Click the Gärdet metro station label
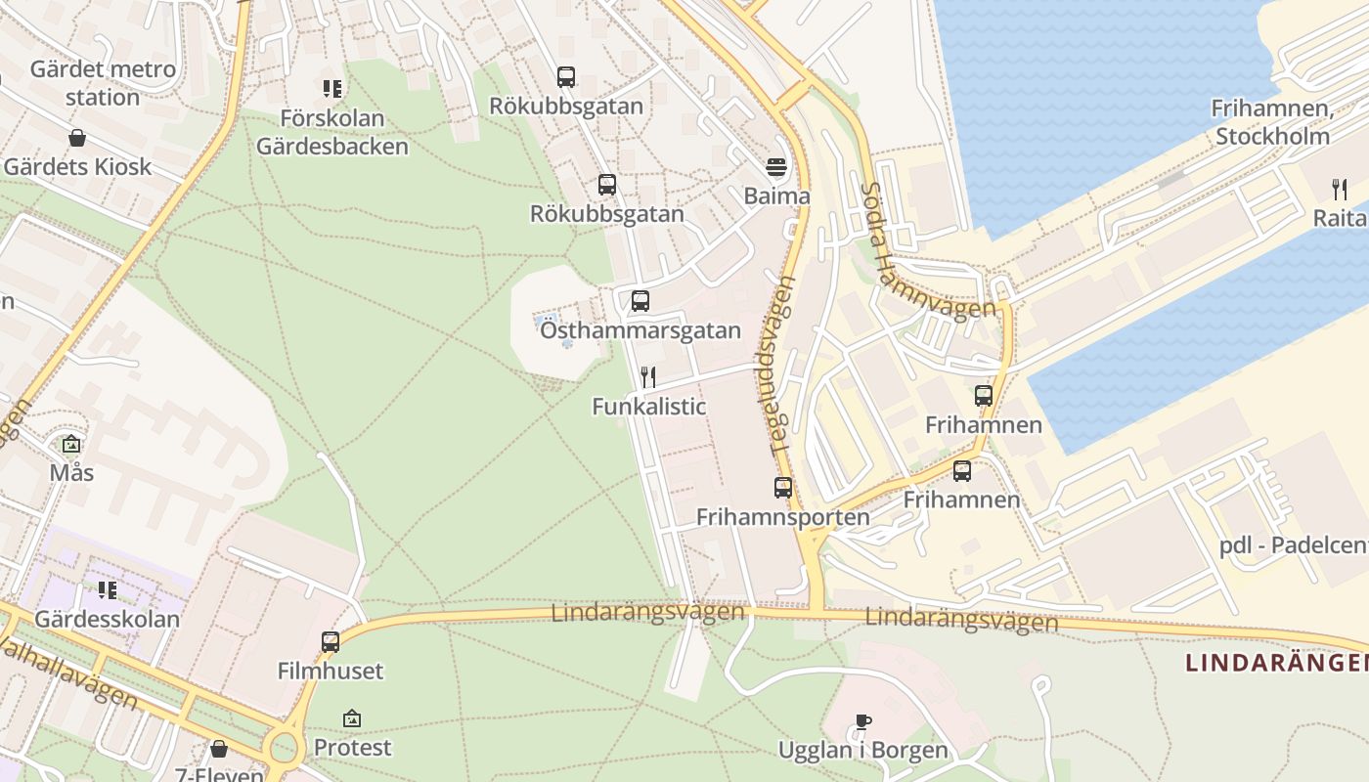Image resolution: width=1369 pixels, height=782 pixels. click(103, 83)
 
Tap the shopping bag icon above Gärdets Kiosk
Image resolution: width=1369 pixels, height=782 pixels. click(77, 139)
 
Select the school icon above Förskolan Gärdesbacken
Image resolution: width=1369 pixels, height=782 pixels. click(331, 90)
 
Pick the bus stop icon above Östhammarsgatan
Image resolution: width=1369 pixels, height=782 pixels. click(640, 301)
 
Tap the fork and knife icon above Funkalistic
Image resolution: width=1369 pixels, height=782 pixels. click(647, 377)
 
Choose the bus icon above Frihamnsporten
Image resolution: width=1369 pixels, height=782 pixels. click(782, 488)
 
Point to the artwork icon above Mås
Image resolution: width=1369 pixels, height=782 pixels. click(71, 445)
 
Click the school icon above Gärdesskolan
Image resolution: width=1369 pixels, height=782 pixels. click(107, 590)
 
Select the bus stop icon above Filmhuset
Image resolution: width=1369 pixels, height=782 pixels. click(331, 642)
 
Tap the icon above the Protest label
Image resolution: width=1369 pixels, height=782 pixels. click(352, 719)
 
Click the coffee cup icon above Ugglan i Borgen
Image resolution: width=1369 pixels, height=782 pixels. click(862, 722)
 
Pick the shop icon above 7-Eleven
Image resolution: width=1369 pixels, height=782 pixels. click(219, 750)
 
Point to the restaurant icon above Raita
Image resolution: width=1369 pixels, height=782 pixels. click(1340, 190)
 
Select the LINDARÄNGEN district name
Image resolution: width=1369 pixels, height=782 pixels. click(1276, 663)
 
